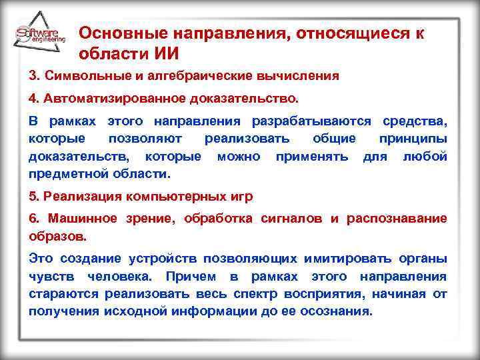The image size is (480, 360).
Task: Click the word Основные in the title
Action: pyautogui.click(x=115, y=33)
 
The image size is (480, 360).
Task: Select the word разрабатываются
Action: pyautogui.click(x=313, y=123)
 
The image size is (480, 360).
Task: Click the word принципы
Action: pyautogui.click(x=413, y=139)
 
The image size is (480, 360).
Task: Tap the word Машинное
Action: pyautogui.click(x=79, y=219)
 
